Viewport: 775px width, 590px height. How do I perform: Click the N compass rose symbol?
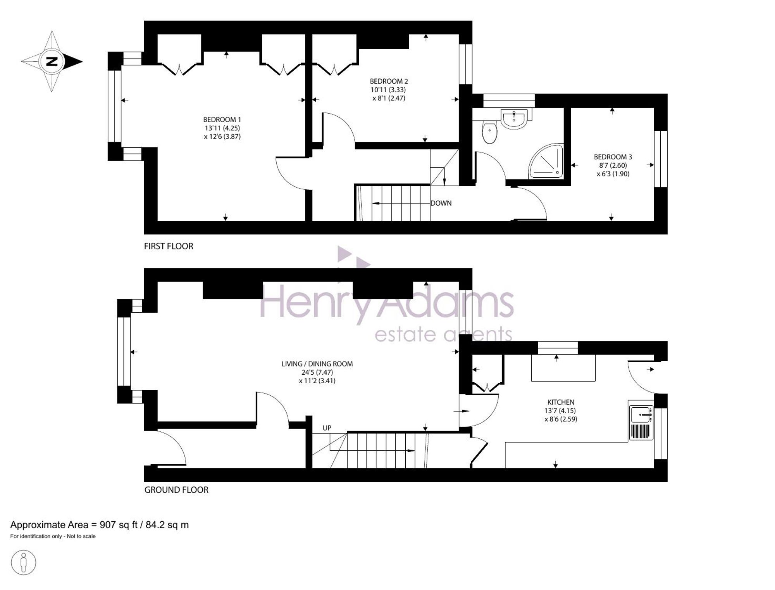[52, 61]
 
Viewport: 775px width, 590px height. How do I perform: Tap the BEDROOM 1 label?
[222, 120]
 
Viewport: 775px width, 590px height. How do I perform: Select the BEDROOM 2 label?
[389, 81]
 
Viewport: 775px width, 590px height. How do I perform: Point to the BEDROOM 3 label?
[613, 157]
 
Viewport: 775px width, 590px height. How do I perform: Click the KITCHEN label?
[561, 402]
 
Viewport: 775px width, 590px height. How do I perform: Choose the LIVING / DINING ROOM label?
[317, 364]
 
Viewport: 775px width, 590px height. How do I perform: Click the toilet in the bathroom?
[490, 132]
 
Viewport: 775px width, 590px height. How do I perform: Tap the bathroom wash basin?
[514, 118]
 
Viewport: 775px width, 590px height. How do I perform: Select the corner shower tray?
[546, 161]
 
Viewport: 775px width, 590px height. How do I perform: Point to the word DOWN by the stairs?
[441, 203]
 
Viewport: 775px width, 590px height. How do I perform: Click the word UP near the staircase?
[327, 428]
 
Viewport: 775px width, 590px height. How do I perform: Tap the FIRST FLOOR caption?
[169, 246]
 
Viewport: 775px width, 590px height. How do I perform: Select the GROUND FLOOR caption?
[176, 490]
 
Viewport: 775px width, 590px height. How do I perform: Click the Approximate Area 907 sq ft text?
[100, 525]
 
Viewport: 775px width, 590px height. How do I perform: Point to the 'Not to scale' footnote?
[81, 536]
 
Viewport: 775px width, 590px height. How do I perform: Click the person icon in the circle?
[24, 562]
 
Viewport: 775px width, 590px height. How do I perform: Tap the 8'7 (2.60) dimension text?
[613, 166]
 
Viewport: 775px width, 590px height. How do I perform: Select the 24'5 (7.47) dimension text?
[317, 372]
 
